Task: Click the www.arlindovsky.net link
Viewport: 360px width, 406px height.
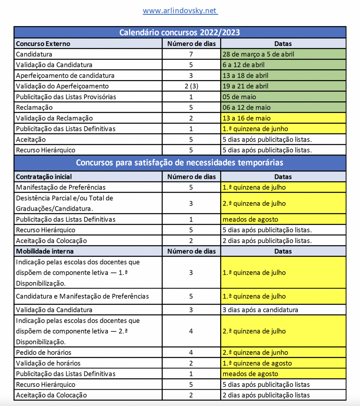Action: point(180,11)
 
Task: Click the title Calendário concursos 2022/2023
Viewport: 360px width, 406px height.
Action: point(180,33)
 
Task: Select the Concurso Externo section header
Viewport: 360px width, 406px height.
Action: point(43,44)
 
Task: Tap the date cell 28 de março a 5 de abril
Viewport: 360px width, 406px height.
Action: point(258,54)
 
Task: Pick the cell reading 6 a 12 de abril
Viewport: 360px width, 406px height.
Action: point(244,65)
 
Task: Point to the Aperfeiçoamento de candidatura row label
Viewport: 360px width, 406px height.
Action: point(65,76)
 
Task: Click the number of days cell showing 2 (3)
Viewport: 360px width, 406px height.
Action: point(191,86)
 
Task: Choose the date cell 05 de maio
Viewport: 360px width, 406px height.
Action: point(239,97)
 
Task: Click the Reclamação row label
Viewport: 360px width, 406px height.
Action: point(34,107)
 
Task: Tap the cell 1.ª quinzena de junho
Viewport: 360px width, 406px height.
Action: point(255,129)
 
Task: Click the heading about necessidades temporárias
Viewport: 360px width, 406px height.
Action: point(180,163)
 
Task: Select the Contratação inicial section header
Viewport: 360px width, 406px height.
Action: point(44,177)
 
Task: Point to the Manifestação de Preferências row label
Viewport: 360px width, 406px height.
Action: point(61,187)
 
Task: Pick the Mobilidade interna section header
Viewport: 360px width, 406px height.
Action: point(45,251)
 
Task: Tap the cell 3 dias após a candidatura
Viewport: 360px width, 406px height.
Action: point(260,310)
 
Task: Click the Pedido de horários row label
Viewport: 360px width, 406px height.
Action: point(44,352)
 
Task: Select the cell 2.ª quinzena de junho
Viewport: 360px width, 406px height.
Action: point(255,352)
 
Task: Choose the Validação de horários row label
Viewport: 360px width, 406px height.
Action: point(48,363)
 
